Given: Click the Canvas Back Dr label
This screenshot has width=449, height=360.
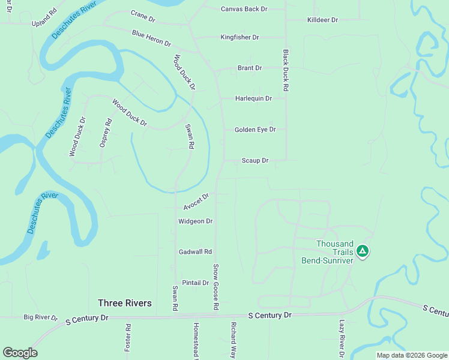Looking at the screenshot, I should (244, 9).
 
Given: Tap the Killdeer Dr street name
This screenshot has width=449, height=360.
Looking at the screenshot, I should (322, 20).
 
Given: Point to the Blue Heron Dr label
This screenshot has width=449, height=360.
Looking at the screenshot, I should (151, 38).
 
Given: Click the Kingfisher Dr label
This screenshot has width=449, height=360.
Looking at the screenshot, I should (240, 37).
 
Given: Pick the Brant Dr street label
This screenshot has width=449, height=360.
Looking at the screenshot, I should (250, 68).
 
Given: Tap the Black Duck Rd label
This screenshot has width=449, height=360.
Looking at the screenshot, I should (286, 70).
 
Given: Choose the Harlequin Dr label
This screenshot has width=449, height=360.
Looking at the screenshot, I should (253, 98).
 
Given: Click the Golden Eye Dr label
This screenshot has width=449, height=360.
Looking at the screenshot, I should (255, 129).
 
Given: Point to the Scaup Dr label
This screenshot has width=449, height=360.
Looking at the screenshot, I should (255, 160).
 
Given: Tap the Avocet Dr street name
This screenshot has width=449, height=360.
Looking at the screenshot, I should (196, 202).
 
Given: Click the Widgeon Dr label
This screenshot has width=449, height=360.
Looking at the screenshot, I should (196, 221).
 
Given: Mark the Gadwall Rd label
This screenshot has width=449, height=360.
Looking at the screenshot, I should (196, 251).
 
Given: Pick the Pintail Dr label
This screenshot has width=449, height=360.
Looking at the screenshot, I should (195, 283).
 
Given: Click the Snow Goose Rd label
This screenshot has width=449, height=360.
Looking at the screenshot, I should (215, 287).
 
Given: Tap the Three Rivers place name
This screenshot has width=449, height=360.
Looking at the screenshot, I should (125, 303).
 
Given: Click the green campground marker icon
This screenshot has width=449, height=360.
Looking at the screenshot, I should (362, 251).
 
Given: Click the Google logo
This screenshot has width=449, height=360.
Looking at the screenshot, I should (20, 352).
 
